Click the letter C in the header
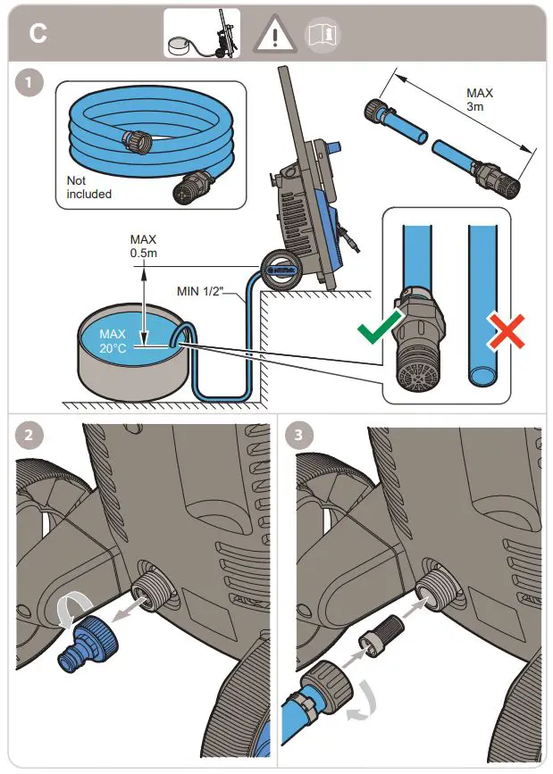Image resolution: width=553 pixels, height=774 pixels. (x=38, y=34)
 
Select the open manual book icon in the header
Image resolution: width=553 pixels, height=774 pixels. (x=323, y=34)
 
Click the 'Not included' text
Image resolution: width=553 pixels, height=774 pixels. (x=89, y=187)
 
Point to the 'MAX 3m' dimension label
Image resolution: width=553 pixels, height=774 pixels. (x=480, y=100)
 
